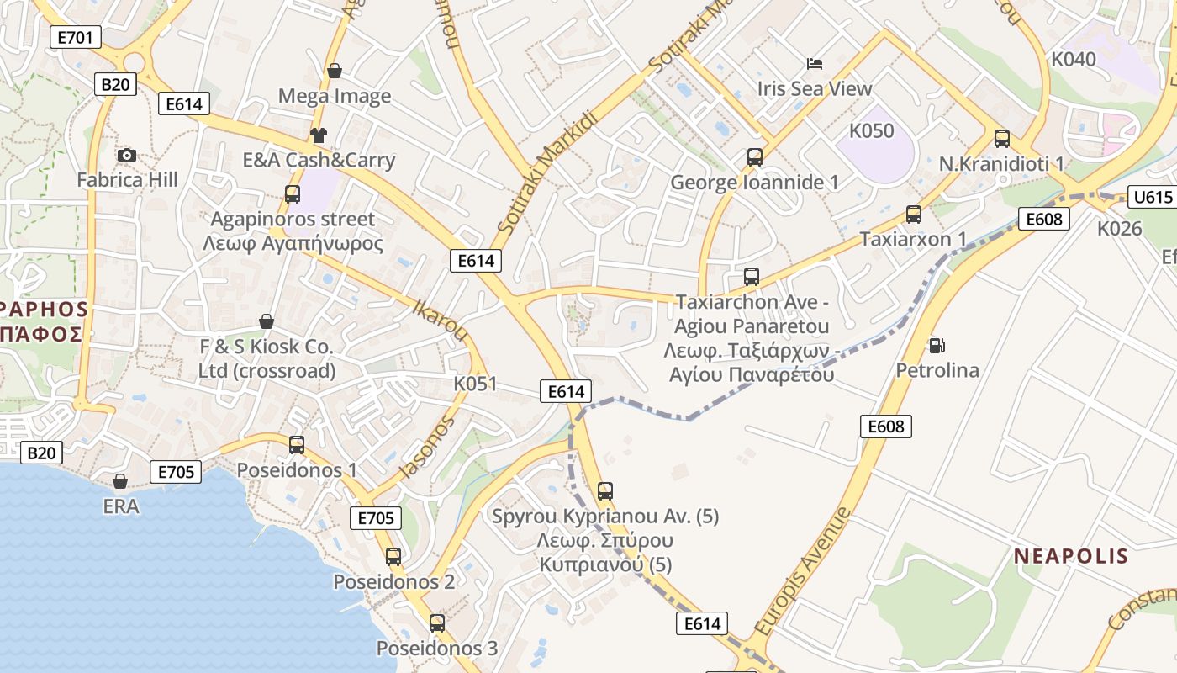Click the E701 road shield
[76, 36]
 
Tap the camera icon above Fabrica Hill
[127, 155]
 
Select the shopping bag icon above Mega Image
[335, 71]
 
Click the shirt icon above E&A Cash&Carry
[319, 135]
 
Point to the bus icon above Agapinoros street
[293, 194]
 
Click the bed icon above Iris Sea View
[815, 63]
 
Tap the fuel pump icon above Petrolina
[937, 345]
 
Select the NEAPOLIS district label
[1070, 556]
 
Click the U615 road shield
[1152, 197]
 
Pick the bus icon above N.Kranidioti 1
[1001, 139]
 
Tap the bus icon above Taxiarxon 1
[914, 215]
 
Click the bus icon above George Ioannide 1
[754, 157]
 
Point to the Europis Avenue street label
[802, 571]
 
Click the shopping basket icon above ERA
[120, 481]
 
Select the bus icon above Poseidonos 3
[437, 623]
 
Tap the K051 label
[475, 384]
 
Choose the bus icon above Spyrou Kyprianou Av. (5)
[605, 491]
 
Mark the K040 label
[1074, 59]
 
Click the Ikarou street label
[440, 320]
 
